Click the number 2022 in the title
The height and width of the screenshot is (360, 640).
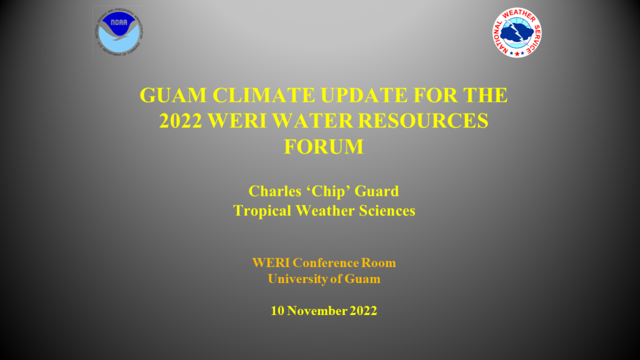pyautogui.click(x=183, y=121)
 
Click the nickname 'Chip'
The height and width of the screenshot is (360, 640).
pyautogui.click(x=331, y=191)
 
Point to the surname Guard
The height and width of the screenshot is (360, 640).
pyautogui.click(x=379, y=191)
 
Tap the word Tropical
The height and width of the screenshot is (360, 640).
pyautogui.click(x=261, y=211)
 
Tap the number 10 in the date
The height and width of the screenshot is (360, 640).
pyautogui.click(x=277, y=311)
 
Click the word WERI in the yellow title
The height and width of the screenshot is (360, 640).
pyautogui.click(x=241, y=121)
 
